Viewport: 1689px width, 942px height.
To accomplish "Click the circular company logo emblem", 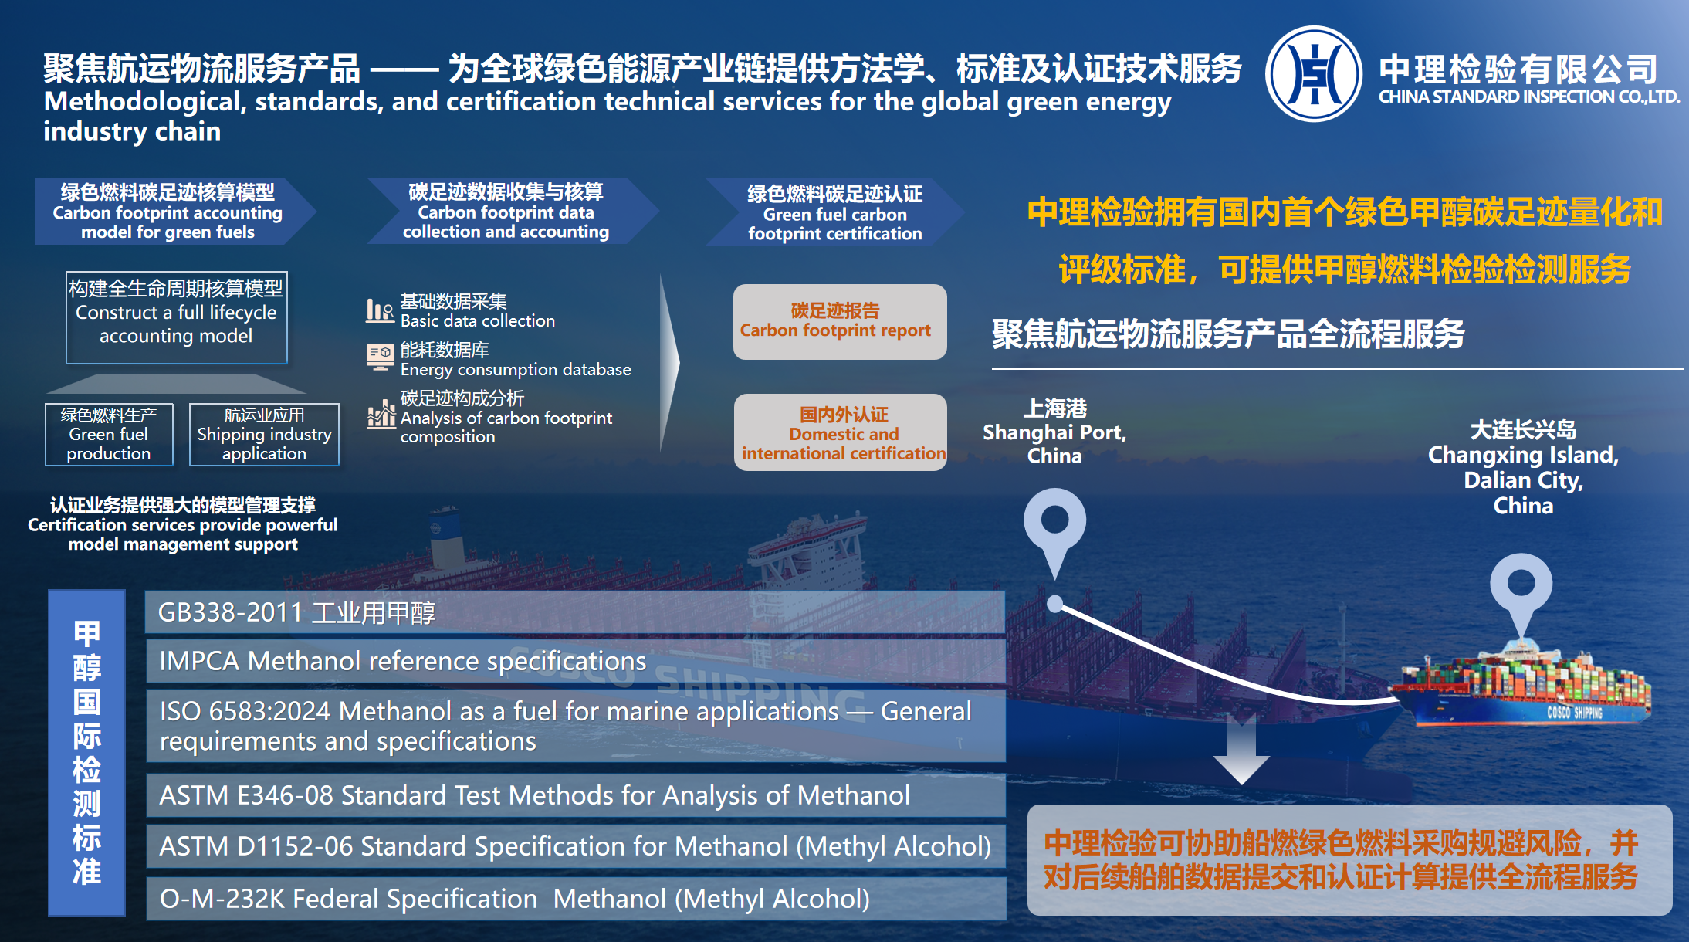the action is [1314, 74].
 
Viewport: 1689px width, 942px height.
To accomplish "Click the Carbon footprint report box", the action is [840, 321].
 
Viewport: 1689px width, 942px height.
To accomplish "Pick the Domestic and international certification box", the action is [841, 432].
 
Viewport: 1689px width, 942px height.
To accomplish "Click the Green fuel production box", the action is [109, 435].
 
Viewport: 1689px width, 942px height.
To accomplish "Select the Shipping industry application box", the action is [264, 435].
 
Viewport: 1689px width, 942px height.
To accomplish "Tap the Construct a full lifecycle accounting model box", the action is [176, 317].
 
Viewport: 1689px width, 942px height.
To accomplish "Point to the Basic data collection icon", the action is [380, 310].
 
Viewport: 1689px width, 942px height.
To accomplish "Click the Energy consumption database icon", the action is [380, 357].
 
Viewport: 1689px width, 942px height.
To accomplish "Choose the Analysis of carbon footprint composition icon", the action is [381, 414].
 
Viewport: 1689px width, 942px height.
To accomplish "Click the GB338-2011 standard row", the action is [575, 612].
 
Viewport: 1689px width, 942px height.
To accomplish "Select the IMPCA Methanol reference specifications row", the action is [575, 661].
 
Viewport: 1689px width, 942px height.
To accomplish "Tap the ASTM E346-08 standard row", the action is [575, 795].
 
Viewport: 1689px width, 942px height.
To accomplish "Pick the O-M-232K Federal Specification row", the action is [575, 899].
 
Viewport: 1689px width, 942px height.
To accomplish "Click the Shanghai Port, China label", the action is [1054, 432].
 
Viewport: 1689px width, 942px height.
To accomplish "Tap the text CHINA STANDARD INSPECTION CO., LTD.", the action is [1529, 97].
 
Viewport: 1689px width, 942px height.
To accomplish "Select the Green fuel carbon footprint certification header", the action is [834, 212].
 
